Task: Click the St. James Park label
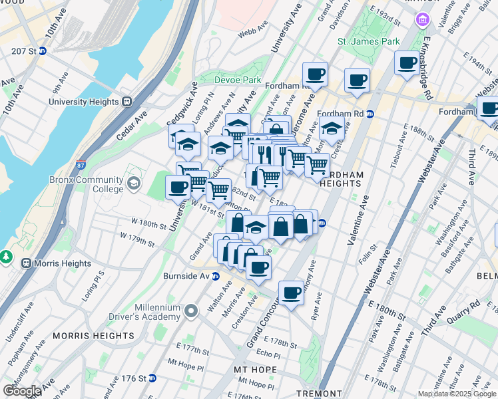(x=368, y=41)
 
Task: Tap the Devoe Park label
(x=238, y=80)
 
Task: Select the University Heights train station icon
(x=126, y=102)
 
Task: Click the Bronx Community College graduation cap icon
(x=134, y=183)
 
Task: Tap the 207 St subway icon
(x=42, y=51)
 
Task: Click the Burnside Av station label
(x=187, y=275)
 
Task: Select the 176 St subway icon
(x=152, y=378)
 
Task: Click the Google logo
(x=21, y=391)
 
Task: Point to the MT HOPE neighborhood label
(x=251, y=369)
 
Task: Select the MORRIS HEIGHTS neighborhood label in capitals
(x=93, y=336)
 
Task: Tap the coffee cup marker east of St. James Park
(x=407, y=63)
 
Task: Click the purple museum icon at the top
(x=421, y=21)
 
